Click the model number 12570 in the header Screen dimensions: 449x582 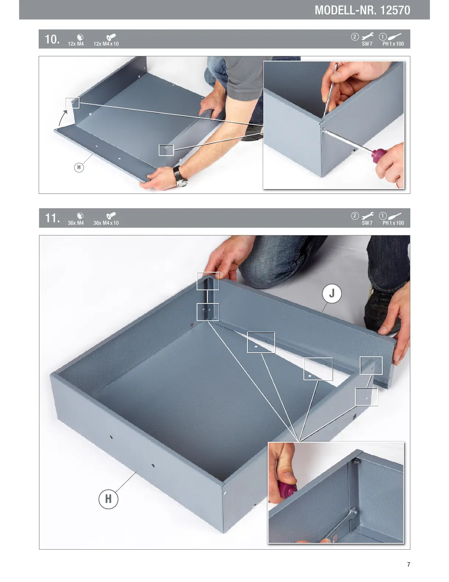(395, 10)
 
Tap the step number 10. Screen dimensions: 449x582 (52, 39)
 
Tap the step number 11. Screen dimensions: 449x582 (52, 218)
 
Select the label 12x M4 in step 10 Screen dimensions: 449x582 (76, 44)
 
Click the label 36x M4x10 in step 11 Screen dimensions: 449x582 (106, 223)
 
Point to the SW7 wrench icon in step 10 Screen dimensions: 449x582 (368, 36)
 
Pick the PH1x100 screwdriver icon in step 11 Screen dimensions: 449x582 (394, 216)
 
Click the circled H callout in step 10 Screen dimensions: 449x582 (79, 167)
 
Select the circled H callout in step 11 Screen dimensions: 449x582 (108, 499)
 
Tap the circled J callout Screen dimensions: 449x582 (332, 294)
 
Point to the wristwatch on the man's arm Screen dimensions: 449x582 (180, 177)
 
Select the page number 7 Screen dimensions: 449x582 (408, 564)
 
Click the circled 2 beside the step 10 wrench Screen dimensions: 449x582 (355, 37)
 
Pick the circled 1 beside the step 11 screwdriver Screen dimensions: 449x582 (383, 216)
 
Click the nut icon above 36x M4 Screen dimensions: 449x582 (80, 216)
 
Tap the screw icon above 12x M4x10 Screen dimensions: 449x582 (111, 37)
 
